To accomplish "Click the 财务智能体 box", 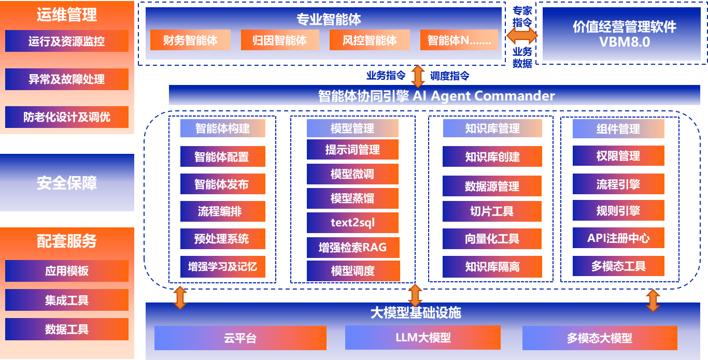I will tap(190, 40).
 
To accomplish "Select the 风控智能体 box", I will tap(370, 40).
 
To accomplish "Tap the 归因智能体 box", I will tap(280, 40).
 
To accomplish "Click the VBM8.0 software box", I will tap(625, 34).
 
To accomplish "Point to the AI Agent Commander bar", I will tap(436, 96).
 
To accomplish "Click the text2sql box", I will tap(352, 223).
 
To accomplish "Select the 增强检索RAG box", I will tap(352, 247).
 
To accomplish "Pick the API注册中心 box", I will tap(618, 238).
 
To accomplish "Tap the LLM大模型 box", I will tap(423, 338).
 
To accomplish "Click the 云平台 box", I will tap(240, 338).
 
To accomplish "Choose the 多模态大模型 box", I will tap(600, 338).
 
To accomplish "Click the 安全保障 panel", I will tap(67, 182).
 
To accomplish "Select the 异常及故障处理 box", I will tap(67, 79).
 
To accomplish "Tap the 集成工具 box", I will tap(67, 300).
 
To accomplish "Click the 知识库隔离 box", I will tap(492, 267).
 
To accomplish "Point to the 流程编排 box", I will tap(222, 211).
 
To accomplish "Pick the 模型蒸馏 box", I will tap(352, 198).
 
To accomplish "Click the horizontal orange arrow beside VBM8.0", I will tap(522, 36).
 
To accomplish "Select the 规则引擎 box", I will tap(618, 211).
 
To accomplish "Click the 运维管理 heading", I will tap(67, 15).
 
